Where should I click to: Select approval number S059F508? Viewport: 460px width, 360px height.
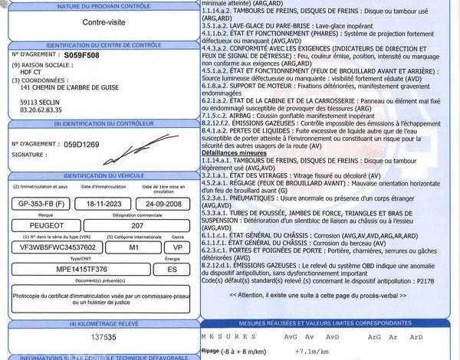[82, 56]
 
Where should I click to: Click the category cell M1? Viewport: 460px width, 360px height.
[133, 247]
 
